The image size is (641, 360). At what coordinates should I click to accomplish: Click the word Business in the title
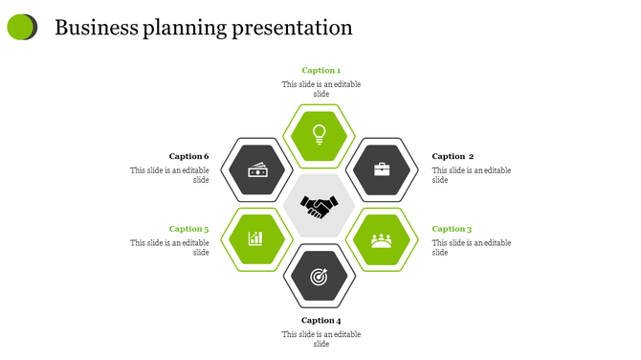pos(96,28)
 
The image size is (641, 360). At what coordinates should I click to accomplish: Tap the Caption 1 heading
pos(320,70)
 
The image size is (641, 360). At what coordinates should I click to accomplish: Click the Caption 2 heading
pos(453,156)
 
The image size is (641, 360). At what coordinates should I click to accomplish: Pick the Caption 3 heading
pos(452,229)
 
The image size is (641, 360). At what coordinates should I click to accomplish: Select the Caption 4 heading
pos(320,320)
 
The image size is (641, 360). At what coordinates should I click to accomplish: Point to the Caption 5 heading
pos(188,229)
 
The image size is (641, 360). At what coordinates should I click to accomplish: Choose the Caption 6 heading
pos(188,156)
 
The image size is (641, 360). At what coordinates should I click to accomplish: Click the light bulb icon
pos(320,133)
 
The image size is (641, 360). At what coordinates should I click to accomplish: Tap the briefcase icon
pos(382,169)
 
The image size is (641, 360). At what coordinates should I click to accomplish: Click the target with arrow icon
pos(320,277)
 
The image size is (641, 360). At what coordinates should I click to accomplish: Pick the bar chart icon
pos(256,238)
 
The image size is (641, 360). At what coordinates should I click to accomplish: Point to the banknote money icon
pos(256,170)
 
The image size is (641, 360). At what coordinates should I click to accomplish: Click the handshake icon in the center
pos(320,205)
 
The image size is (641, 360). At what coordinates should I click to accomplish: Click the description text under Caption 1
pos(320,89)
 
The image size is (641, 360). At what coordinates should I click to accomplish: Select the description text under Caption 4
pos(320,339)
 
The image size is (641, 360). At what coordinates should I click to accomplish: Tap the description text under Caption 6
pos(170,175)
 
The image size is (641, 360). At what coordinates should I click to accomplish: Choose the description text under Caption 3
pos(471,248)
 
